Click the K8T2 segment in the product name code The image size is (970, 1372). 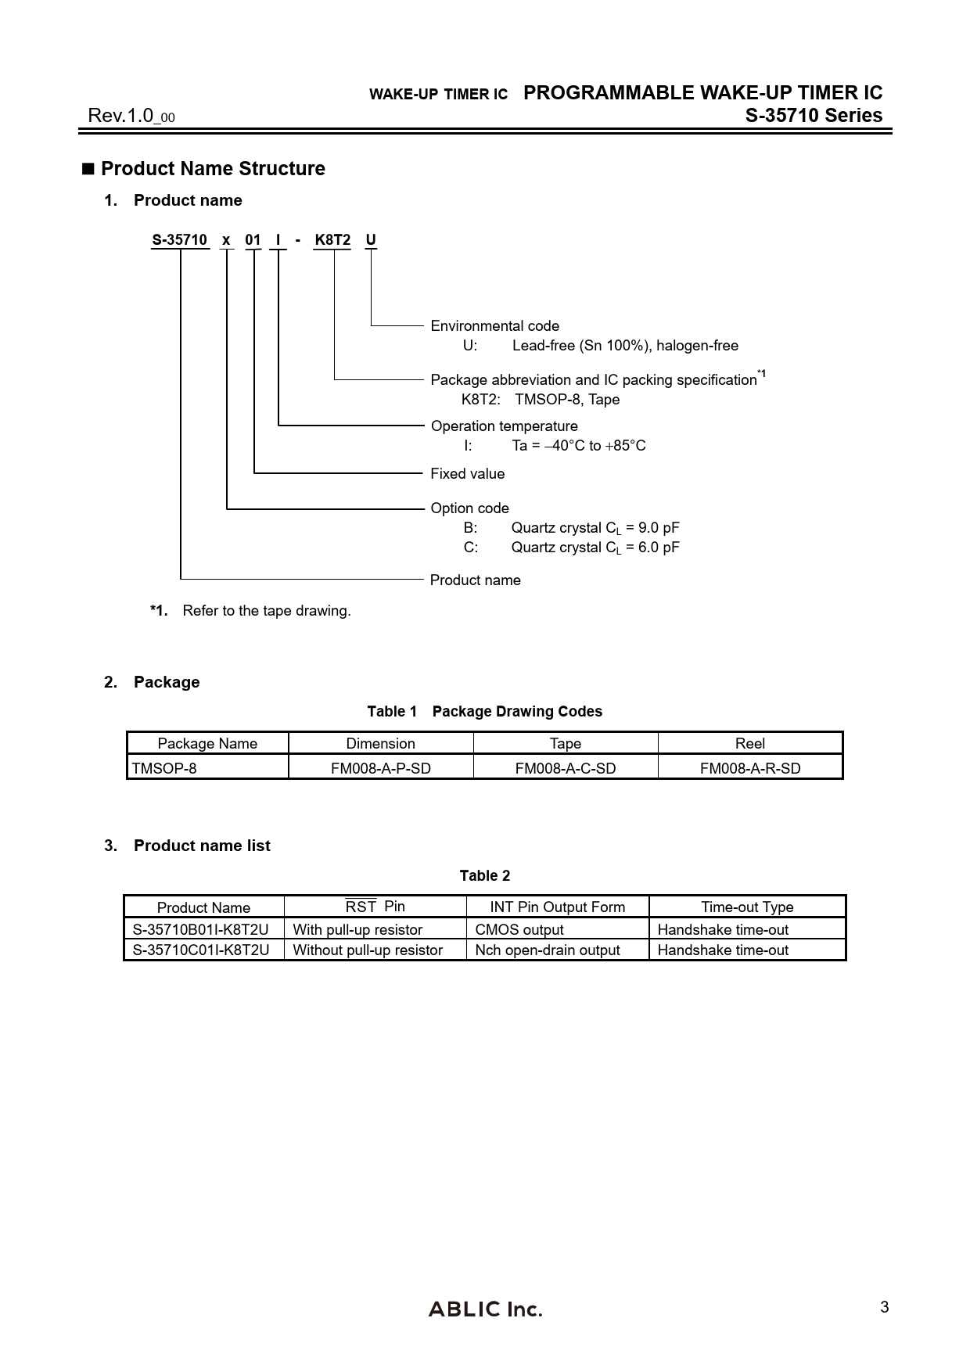332,239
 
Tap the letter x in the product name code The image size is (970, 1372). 226,239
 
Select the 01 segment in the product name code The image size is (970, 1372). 253,239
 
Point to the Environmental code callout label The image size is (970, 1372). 494,325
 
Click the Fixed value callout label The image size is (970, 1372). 467,473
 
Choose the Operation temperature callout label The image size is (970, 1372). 504,426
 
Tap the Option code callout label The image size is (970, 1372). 469,508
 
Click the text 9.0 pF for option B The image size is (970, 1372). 659,527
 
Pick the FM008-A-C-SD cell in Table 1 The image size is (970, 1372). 565,768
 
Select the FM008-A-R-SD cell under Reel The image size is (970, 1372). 750,768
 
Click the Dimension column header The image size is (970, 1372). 380,743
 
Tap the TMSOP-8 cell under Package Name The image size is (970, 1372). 164,768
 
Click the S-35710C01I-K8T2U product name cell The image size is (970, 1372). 200,950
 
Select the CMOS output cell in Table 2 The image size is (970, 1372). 519,929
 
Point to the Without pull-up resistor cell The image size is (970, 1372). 368,950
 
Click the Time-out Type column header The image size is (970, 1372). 747,907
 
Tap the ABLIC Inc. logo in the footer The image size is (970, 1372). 485,1309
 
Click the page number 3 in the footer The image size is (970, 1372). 885,1307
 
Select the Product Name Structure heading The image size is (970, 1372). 213,168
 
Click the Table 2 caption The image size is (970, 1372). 484,875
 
